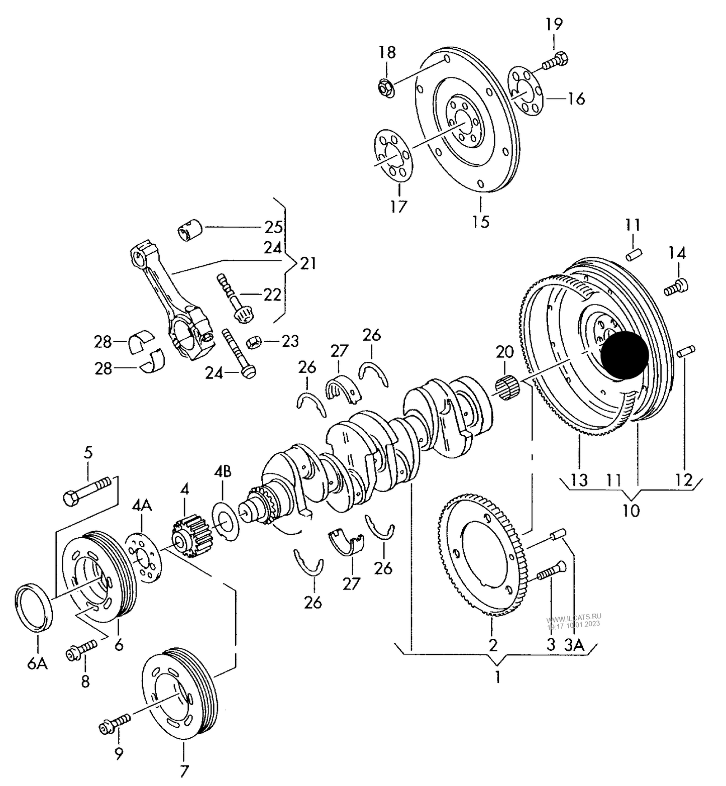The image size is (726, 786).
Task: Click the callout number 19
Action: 554,24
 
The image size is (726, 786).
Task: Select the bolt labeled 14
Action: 676,287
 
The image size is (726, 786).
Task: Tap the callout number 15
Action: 481,221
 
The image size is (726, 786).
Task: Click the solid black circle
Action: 625,355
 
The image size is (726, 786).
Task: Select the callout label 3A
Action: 574,645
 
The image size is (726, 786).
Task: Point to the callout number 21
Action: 308,263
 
